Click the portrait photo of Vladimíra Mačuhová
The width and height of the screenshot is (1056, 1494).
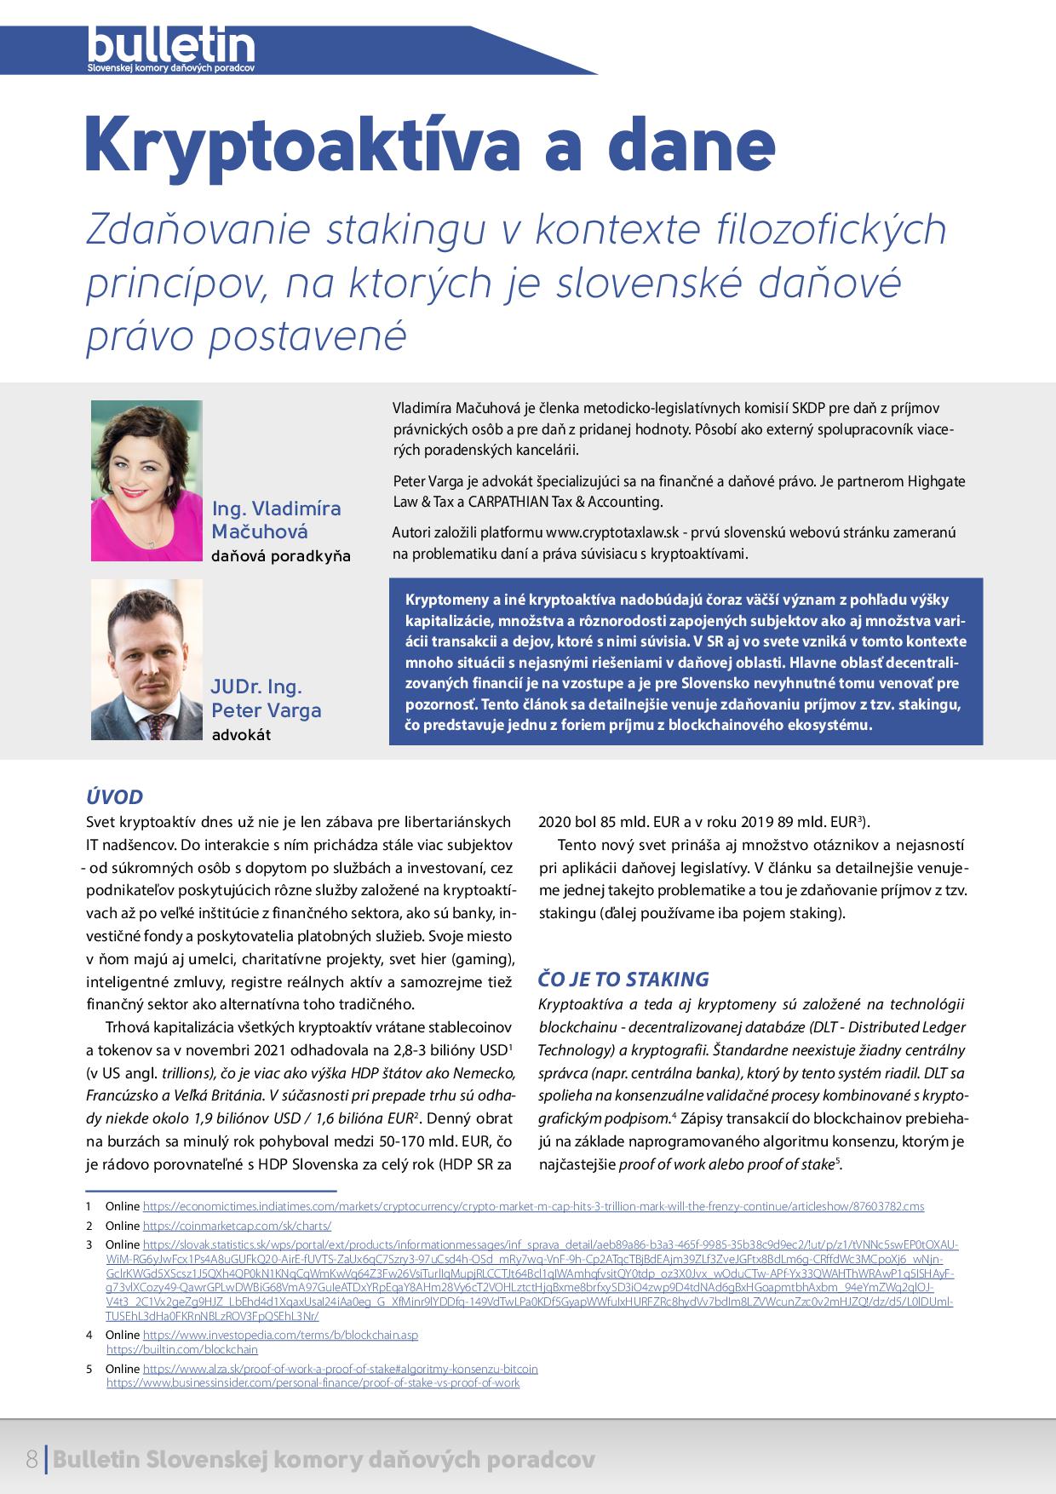(146, 480)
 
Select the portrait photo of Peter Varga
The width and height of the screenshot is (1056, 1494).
(146, 659)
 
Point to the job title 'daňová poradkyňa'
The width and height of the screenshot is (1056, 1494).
(281, 556)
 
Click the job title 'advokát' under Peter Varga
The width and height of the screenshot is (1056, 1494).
(241, 734)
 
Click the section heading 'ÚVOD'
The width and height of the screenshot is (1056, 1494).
(114, 797)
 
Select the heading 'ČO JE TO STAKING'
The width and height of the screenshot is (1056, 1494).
(624, 979)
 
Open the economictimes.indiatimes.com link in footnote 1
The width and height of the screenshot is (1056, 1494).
(533, 1206)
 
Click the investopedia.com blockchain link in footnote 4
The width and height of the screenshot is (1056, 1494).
(280, 1335)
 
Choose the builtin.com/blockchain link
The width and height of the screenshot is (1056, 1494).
(181, 1349)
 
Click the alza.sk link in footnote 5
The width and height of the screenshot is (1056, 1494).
(340, 1369)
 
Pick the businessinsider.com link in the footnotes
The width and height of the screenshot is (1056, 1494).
(313, 1383)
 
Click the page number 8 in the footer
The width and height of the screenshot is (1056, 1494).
(32, 1460)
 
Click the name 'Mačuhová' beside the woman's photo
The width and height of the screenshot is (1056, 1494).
(260, 532)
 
